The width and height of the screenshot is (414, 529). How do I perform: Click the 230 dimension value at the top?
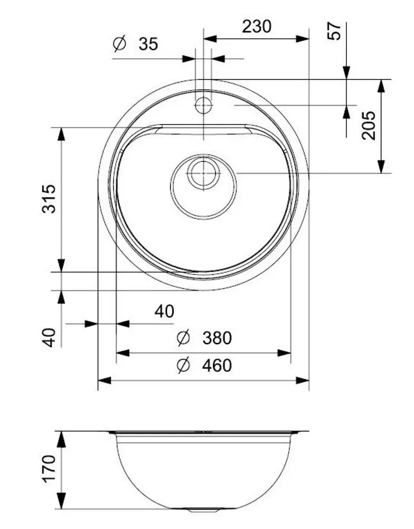[x=256, y=26]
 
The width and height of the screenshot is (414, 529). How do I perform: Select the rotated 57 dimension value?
[x=334, y=31]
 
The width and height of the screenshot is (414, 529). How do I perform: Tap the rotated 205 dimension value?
[x=368, y=125]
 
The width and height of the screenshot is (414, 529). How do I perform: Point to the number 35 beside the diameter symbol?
[x=148, y=45]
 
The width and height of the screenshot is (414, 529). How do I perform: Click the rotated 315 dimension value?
[x=49, y=198]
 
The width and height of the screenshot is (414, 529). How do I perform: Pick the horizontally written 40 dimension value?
[x=164, y=311]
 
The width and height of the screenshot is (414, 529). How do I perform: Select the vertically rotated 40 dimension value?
[x=50, y=337]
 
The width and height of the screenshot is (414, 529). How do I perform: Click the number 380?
[x=217, y=338]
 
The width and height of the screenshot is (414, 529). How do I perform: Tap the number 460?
[x=217, y=366]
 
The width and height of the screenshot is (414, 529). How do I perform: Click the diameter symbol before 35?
[x=120, y=44]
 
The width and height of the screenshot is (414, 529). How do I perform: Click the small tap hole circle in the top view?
[x=203, y=105]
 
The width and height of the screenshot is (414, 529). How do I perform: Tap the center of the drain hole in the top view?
[x=203, y=173]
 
